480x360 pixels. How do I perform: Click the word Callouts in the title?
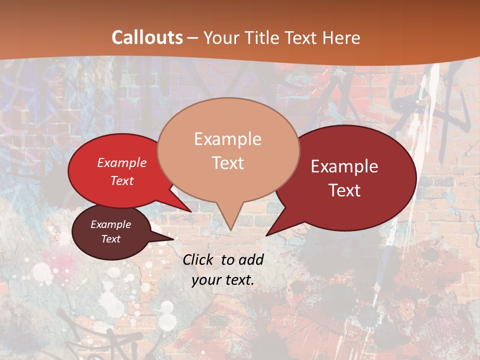point(147,37)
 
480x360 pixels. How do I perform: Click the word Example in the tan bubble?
point(227,139)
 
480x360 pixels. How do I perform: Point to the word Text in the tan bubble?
point(227,163)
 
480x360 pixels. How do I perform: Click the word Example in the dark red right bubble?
point(344,166)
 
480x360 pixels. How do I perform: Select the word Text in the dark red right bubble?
point(345,190)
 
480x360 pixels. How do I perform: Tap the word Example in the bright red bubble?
point(122,162)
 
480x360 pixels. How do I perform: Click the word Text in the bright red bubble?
point(122,180)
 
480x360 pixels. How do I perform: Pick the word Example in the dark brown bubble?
point(111,224)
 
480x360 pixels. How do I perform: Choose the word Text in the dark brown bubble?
point(111,239)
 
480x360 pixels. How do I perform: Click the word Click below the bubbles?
point(199,259)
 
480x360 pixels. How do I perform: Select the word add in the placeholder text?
point(251,259)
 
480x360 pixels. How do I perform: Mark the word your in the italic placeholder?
point(206,280)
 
